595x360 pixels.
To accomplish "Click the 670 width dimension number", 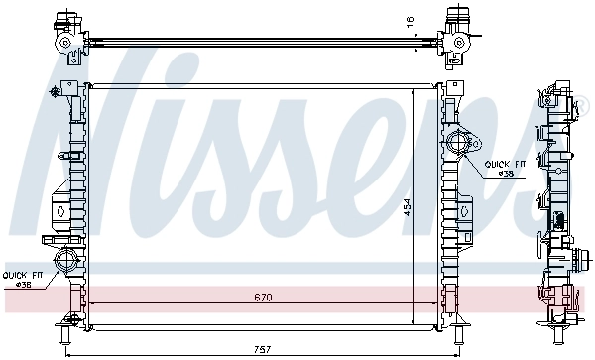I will pos(262,297).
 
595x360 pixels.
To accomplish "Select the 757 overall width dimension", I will pos(262,349).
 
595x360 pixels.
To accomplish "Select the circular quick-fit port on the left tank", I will pos(66,263).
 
